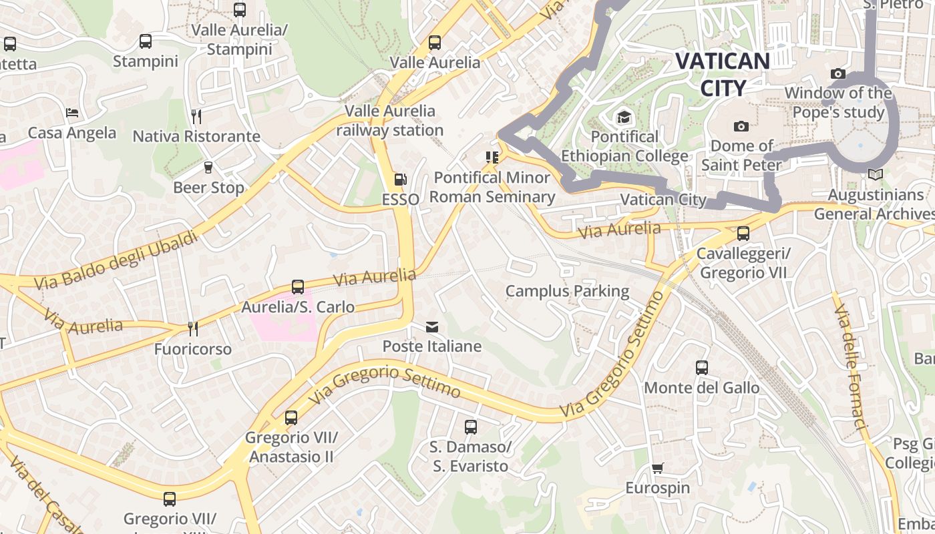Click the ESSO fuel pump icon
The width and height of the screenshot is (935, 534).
(400, 179)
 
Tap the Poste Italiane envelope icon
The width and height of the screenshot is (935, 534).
(432, 326)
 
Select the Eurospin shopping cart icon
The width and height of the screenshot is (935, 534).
(658, 468)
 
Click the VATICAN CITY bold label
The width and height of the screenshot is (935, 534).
(723, 74)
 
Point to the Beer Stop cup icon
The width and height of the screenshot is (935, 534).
(208, 168)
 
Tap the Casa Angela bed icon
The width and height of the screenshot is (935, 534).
(72, 113)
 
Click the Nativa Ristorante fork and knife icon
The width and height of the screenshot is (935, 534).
(196, 116)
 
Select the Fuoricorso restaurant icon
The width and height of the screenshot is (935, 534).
(192, 328)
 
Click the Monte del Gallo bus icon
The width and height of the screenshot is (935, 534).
(701, 367)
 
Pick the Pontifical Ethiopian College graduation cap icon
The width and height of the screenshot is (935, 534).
(624, 117)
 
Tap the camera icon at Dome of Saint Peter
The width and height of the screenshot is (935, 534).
(741, 126)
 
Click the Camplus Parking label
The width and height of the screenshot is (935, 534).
(567, 291)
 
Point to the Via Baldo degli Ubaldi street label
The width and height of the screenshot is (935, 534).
(117, 260)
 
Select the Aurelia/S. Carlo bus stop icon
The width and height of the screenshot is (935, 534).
(298, 287)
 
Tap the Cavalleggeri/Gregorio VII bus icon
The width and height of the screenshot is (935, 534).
(743, 234)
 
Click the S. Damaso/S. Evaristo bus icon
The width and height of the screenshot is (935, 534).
(471, 427)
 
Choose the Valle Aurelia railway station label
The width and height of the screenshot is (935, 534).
(390, 120)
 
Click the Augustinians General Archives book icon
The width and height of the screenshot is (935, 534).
(875, 175)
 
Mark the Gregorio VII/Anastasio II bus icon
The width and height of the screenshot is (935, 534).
(291, 418)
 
